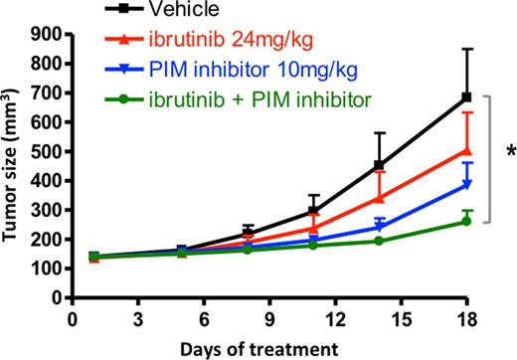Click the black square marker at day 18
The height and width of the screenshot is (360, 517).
[466, 98]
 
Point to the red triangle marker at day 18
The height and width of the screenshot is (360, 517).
[466, 151]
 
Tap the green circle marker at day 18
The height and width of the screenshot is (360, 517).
[466, 221]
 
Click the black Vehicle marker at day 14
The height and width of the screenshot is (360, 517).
[379, 165]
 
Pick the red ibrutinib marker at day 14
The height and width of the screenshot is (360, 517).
[379, 198]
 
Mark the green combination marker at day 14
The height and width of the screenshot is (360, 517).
[379, 241]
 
